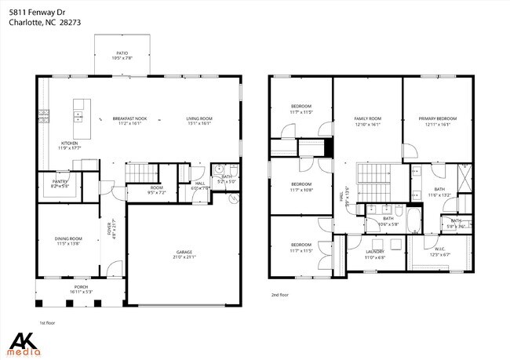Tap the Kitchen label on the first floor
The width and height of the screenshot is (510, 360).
[x=69, y=144]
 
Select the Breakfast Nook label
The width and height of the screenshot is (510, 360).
[x=129, y=118]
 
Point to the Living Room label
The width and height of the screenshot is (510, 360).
[x=199, y=118]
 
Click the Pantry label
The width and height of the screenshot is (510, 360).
[x=60, y=182]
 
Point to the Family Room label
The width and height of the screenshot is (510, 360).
[x=366, y=118]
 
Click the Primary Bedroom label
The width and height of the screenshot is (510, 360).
[x=437, y=118]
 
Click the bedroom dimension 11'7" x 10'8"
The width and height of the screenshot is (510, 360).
[x=301, y=190]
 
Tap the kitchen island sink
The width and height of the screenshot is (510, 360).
[x=79, y=116]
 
